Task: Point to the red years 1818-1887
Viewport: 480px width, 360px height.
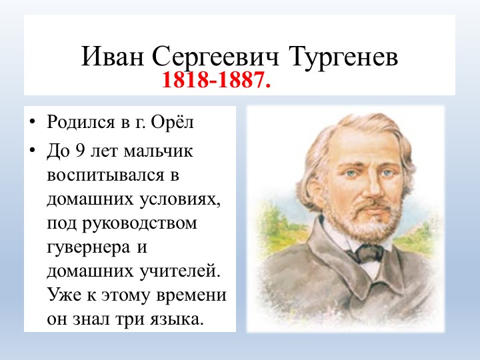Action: (217, 82)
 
